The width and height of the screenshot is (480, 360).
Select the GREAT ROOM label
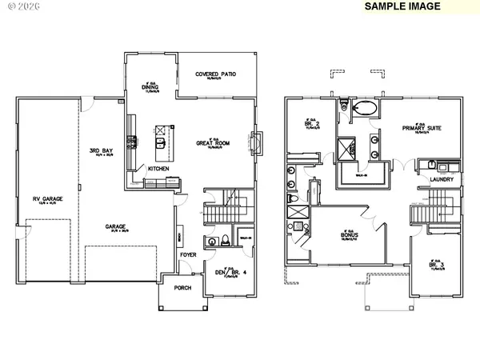tap(214, 144)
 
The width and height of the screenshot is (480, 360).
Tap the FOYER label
tap(188, 257)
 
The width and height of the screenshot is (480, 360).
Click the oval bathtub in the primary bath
tap(366, 109)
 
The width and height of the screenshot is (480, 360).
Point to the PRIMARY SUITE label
tap(423, 128)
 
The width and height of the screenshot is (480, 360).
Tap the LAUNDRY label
tap(442, 180)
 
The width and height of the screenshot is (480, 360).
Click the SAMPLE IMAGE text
tap(403, 6)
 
